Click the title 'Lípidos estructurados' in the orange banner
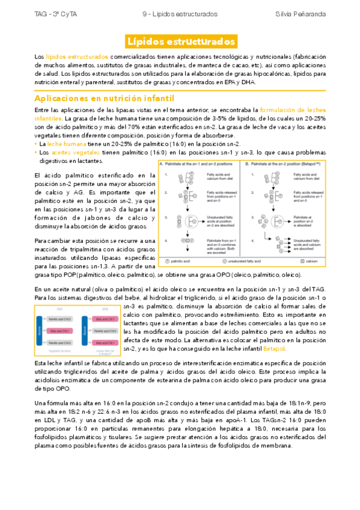180,41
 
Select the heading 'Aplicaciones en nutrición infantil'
105,97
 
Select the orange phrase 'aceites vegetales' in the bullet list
68,153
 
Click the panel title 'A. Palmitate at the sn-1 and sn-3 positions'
198,164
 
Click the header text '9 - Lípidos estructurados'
180,13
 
